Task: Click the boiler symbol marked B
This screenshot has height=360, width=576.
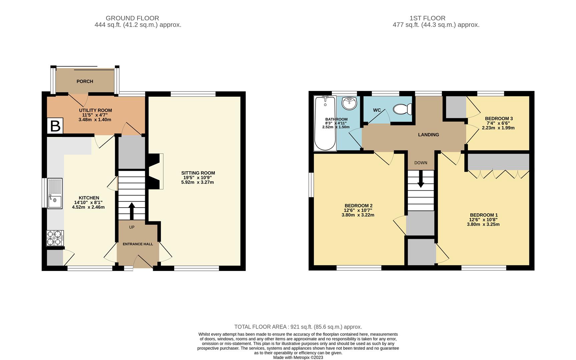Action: pyautogui.click(x=55, y=126)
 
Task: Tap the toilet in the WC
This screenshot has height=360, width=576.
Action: pyautogui.click(x=403, y=109)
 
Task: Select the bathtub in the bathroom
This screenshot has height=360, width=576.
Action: pyautogui.click(x=325, y=123)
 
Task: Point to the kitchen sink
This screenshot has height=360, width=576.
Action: pyautogui.click(x=55, y=194)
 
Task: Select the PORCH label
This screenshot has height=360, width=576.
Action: pyautogui.click(x=85, y=81)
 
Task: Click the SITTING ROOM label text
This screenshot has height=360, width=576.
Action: pyautogui.click(x=198, y=173)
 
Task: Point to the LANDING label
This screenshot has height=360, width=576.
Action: pyautogui.click(x=429, y=135)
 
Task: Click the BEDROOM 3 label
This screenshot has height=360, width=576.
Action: pyautogui.click(x=499, y=119)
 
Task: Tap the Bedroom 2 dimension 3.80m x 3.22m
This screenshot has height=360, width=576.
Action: pyautogui.click(x=358, y=215)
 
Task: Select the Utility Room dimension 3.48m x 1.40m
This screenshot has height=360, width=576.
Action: pyautogui.click(x=95, y=120)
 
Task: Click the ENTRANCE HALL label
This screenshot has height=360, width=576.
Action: pyautogui.click(x=138, y=244)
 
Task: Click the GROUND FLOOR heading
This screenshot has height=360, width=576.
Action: pyautogui.click(x=132, y=18)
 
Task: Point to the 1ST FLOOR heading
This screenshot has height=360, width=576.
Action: pyautogui.click(x=427, y=18)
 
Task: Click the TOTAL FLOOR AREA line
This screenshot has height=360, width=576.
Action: pyautogui.click(x=298, y=327)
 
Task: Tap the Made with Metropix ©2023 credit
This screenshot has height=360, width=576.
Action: pyautogui.click(x=298, y=357)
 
